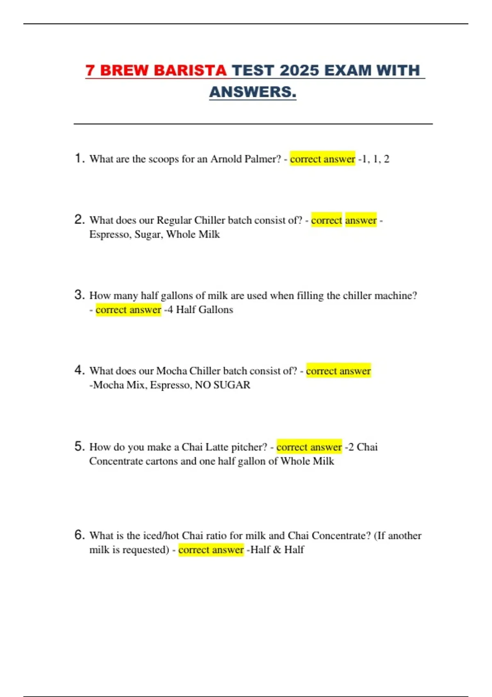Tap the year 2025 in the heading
pos(299,71)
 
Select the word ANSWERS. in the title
pos(253,92)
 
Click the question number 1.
pos(79,158)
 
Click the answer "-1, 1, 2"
pos(374,159)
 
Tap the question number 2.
pos(79,220)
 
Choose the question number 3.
pos(79,295)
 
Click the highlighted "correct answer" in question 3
pos(128,310)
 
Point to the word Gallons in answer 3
pos(216,310)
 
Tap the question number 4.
pos(79,370)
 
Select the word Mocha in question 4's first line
pos(171,371)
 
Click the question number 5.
pos(79,446)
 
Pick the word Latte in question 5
pos(217,447)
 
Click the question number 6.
pos(79,535)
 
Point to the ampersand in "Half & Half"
pos(277,550)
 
